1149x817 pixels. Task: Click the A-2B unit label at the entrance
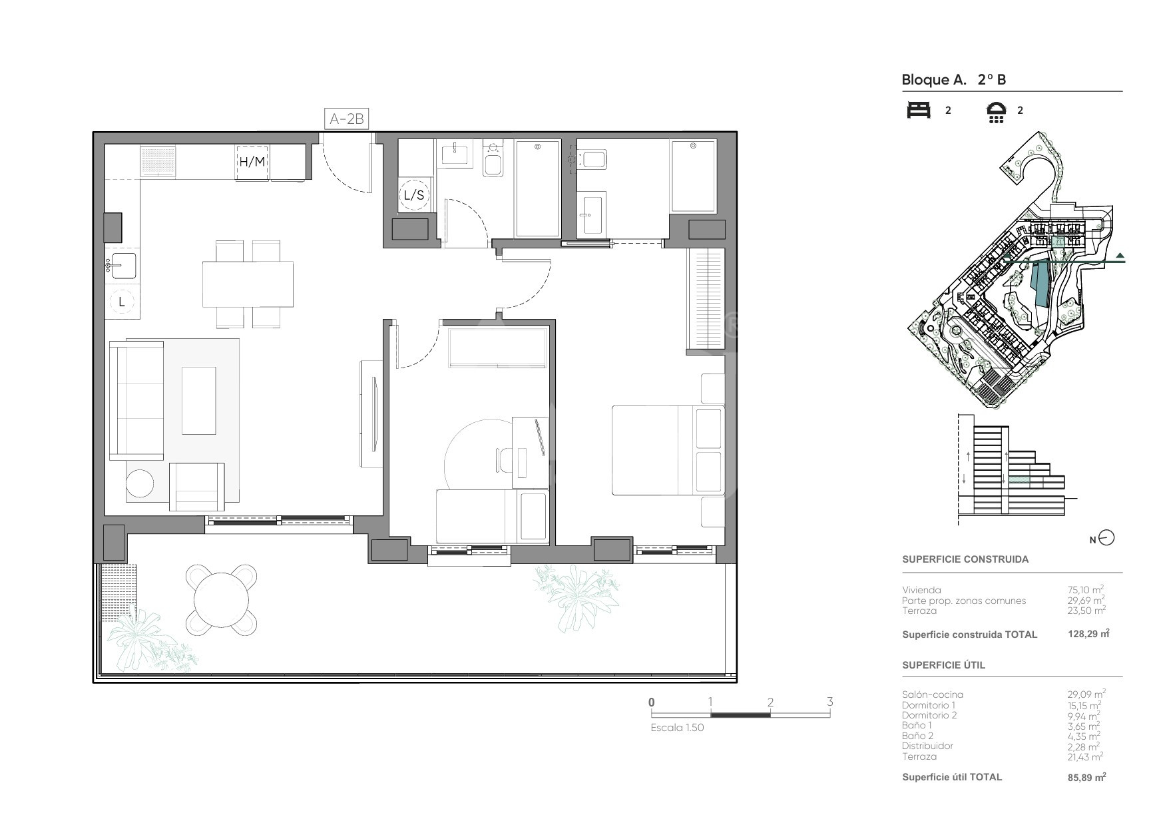pyautogui.click(x=347, y=119)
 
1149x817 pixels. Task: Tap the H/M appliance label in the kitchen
pyautogui.click(x=252, y=162)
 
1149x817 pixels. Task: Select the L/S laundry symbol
pyautogui.click(x=414, y=195)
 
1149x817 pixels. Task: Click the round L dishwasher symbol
pyautogui.click(x=122, y=302)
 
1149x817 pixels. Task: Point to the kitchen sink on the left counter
pyautogui.click(x=122, y=266)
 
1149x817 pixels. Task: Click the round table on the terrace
pyautogui.click(x=221, y=599)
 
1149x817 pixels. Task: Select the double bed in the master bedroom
pyautogui.click(x=668, y=449)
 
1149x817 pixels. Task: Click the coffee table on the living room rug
pyautogui.click(x=199, y=400)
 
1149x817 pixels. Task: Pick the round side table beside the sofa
pyautogui.click(x=140, y=483)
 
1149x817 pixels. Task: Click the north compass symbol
pyautogui.click(x=1106, y=538)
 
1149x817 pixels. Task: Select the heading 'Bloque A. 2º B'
pyautogui.click(x=953, y=80)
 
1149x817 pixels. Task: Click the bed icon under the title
pyautogui.click(x=919, y=110)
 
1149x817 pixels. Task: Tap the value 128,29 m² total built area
pyautogui.click(x=1088, y=634)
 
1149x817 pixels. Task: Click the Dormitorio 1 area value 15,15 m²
pyautogui.click(x=1084, y=704)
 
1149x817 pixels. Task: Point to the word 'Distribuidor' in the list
pyautogui.click(x=927, y=746)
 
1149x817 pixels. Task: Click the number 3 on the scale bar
pyautogui.click(x=829, y=702)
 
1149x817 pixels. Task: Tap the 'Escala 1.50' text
pyautogui.click(x=677, y=728)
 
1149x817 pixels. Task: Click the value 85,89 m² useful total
pyautogui.click(x=1087, y=776)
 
